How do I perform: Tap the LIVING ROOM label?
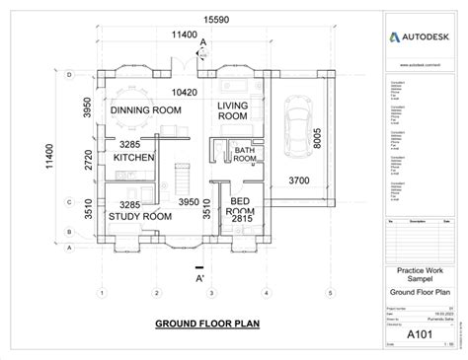pos(233,111)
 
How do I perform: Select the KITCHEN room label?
pos(134,158)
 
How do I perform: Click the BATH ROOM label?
pos(244,153)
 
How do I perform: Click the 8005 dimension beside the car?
pos(316,138)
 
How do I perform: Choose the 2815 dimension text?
pos(242,221)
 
